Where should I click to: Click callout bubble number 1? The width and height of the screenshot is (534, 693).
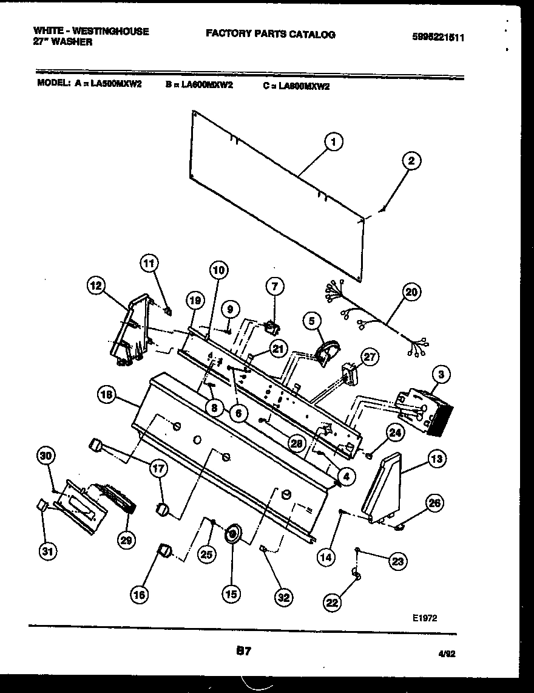point(332,143)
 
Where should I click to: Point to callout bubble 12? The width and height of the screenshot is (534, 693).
point(96,285)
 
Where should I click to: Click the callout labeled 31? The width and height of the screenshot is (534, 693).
point(46,551)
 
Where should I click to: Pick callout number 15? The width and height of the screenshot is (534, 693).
point(231,595)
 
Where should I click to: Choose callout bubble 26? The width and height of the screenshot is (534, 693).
point(434,503)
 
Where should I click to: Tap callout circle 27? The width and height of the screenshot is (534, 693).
point(369,358)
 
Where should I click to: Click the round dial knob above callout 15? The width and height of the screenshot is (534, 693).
point(232,534)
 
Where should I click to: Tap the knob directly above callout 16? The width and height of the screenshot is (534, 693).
point(163,551)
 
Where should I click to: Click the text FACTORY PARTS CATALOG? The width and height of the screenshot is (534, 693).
point(270,35)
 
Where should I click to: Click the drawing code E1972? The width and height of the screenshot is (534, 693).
point(423,617)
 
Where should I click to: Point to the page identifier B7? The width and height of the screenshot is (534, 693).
point(243,651)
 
